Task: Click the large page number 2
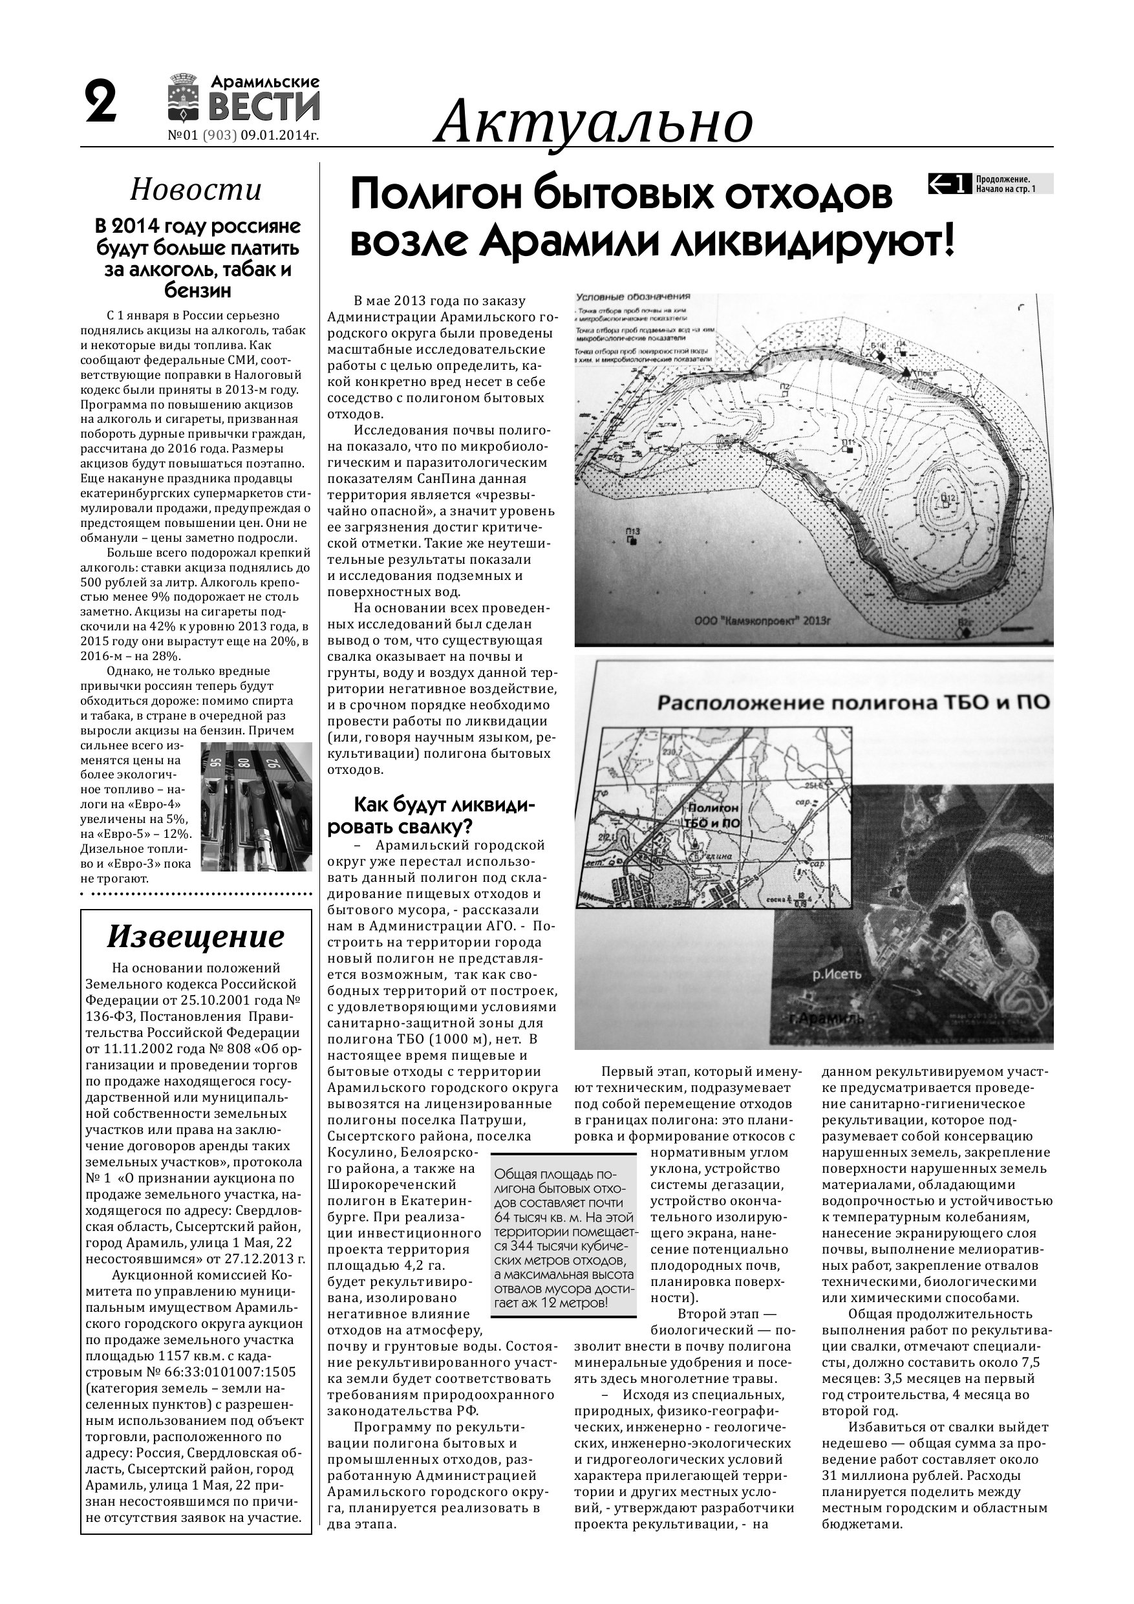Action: click(102, 103)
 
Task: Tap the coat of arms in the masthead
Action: click(184, 98)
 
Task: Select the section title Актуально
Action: click(594, 121)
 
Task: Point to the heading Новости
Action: click(196, 190)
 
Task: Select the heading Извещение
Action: click(196, 937)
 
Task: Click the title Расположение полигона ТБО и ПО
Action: click(852, 701)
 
